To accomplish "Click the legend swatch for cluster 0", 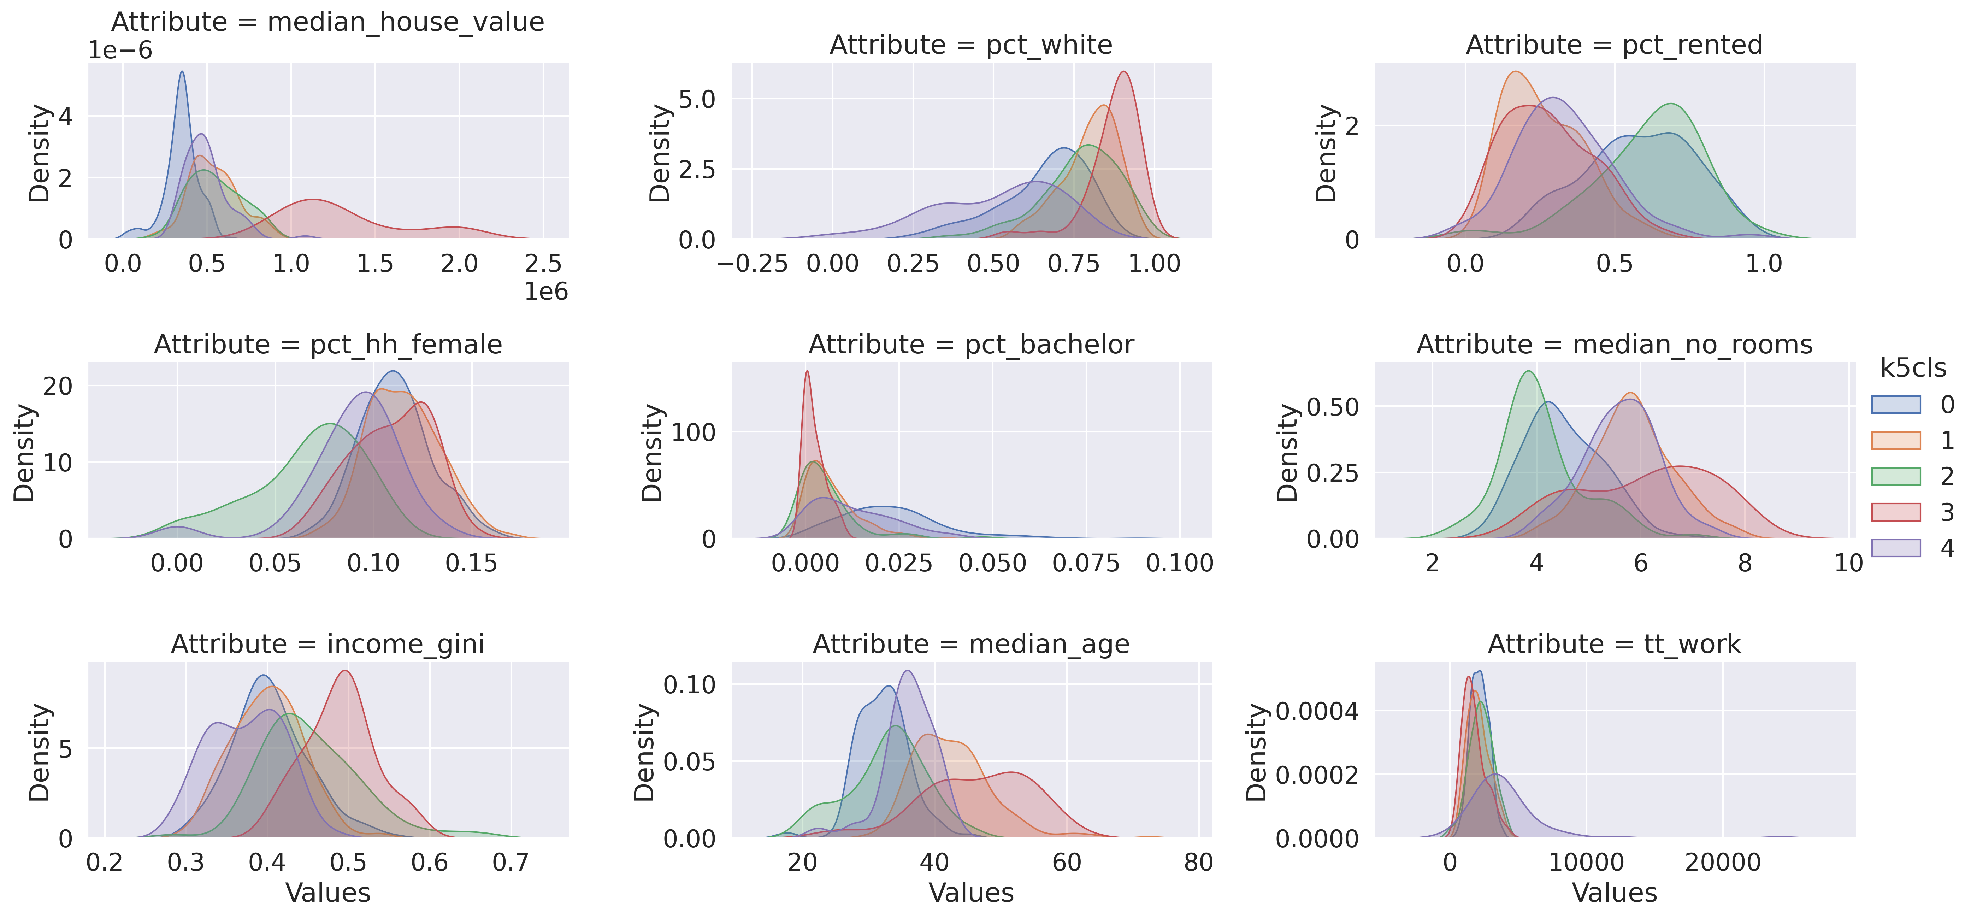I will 1896,405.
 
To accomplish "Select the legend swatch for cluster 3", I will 1896,512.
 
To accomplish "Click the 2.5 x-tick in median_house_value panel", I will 543,264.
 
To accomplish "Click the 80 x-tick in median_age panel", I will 1198,863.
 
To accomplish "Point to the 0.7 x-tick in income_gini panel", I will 511,863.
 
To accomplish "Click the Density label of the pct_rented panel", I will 1326,153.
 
